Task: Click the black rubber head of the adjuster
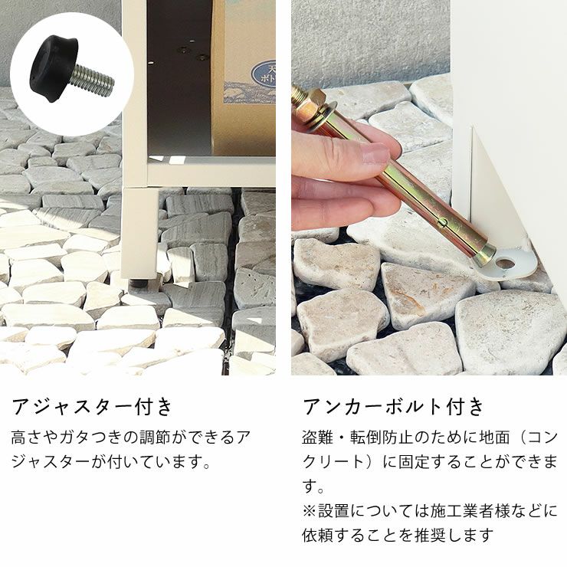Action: point(54,67)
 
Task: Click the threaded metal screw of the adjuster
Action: point(93,80)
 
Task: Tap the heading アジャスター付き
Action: point(92,406)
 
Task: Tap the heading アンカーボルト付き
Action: point(393,406)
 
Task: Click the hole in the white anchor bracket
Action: point(506,264)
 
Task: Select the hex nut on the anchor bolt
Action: point(311,103)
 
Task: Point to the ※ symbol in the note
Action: point(310,511)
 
